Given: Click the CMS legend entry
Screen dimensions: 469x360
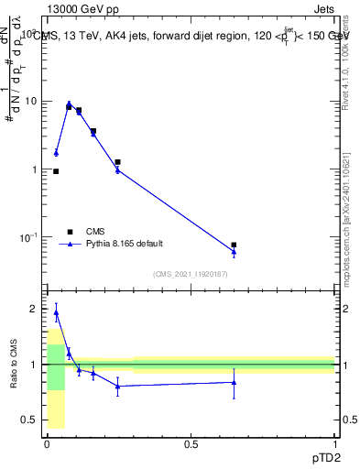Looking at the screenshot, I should point(95,232).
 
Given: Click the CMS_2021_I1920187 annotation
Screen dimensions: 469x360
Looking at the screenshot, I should point(190,274).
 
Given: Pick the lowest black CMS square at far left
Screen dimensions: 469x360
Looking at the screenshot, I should point(56,171).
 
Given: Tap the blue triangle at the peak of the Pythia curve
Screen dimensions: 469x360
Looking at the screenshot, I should point(69,104).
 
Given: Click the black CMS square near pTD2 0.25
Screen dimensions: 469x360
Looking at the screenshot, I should point(117,162).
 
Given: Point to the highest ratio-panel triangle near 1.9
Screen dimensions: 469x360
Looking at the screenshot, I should point(56,313).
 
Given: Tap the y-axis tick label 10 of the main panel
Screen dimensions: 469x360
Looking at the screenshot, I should point(34,102).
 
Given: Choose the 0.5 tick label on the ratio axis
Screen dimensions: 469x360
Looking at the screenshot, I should point(33,420).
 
